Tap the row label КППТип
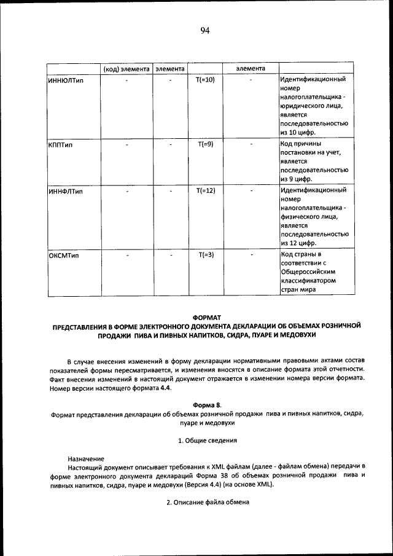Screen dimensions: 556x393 coord(60,145)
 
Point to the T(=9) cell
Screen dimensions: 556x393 coord(205,144)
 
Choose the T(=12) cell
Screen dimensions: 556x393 coord(205,191)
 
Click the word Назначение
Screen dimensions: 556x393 coord(86,459)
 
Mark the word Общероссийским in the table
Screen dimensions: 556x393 coord(308,272)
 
